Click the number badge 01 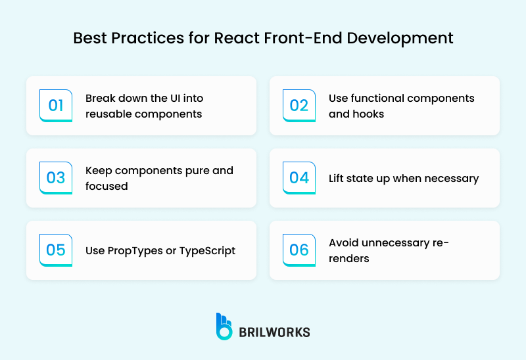56,106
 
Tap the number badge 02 299,106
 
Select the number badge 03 56,178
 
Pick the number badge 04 299,178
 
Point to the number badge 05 56,250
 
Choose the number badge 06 299,250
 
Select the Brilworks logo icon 225,326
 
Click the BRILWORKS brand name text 275,332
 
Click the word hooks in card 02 371,114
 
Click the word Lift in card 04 337,178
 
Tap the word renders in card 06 348,258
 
